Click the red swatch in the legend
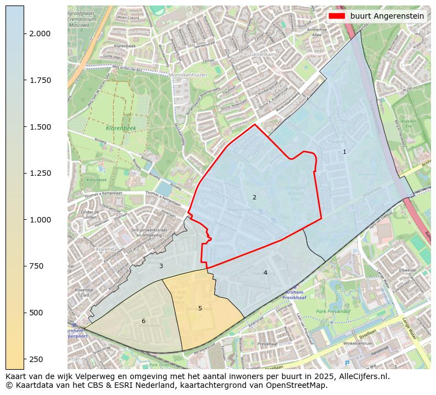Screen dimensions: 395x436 337,16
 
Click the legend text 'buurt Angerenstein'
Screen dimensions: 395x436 387,16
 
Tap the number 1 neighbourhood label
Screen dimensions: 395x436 344,152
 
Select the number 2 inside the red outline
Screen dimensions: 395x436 254,197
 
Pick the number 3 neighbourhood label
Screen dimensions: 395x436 161,266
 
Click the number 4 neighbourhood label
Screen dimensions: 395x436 265,272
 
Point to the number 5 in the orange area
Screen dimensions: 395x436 200,308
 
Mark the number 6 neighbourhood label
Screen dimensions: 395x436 143,321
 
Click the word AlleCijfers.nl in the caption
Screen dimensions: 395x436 362,376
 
